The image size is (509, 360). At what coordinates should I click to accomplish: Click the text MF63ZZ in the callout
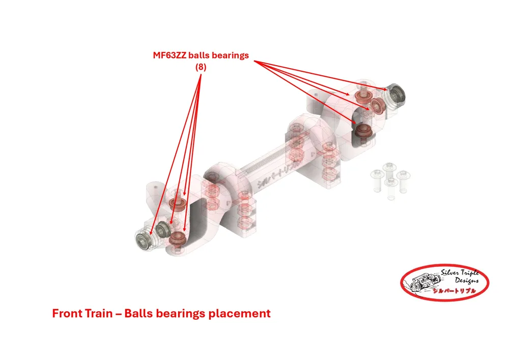(169, 56)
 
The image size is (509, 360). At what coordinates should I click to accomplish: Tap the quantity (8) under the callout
(201, 67)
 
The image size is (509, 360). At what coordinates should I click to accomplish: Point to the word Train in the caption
(99, 314)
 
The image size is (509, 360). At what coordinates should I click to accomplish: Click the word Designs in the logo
(467, 281)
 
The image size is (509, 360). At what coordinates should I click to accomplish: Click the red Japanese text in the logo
(455, 291)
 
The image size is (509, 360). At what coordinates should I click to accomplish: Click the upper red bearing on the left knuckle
(177, 204)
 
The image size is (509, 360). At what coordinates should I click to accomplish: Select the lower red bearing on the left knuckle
(177, 238)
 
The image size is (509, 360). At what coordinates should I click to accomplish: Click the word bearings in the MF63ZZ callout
(230, 56)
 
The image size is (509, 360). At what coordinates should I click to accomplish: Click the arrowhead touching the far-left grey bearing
(151, 232)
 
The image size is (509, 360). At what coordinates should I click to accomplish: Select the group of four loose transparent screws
(390, 180)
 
